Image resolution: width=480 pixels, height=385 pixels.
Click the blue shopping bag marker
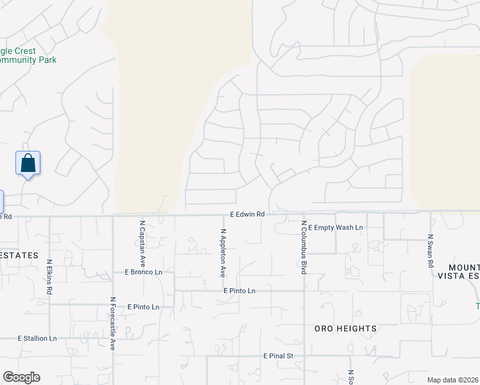point(28,163)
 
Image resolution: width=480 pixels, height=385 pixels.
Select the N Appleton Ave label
point(223,253)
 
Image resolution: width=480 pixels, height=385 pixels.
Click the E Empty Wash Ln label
point(336,228)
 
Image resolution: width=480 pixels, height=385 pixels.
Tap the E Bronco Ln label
point(144,272)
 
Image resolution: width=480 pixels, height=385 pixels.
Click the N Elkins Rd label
point(49,277)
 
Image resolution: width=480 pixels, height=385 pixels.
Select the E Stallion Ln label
point(37,338)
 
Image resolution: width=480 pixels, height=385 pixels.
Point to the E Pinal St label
point(278,355)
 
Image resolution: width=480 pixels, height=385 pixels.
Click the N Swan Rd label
point(431,251)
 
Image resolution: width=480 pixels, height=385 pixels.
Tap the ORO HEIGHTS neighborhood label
point(345,329)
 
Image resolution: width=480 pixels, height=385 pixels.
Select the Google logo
point(21,377)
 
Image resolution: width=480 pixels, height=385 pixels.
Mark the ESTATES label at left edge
point(20,255)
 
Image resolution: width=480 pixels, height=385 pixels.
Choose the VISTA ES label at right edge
point(458,276)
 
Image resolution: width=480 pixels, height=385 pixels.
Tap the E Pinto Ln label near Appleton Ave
point(239,291)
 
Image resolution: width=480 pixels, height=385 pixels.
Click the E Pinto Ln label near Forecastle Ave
point(143,307)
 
